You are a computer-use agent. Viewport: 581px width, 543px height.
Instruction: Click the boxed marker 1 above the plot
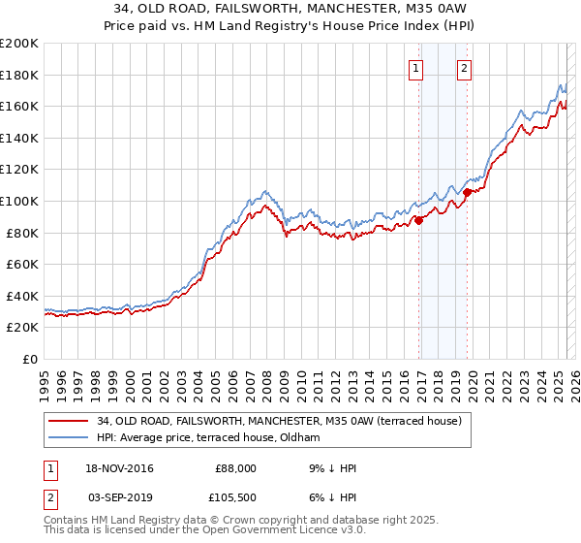tap(415, 68)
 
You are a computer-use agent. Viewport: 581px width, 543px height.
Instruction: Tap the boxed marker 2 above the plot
tap(465, 68)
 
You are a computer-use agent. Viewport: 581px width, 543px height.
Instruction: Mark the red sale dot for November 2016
tap(419, 220)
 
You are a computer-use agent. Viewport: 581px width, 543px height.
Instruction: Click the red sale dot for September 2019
tap(467, 192)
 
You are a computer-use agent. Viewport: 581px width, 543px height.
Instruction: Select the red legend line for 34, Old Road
tap(68, 421)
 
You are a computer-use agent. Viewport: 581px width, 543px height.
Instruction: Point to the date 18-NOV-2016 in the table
tap(121, 468)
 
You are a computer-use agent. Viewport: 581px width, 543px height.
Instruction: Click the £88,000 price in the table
tap(235, 468)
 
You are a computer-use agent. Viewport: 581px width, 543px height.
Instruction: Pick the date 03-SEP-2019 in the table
tap(121, 495)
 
